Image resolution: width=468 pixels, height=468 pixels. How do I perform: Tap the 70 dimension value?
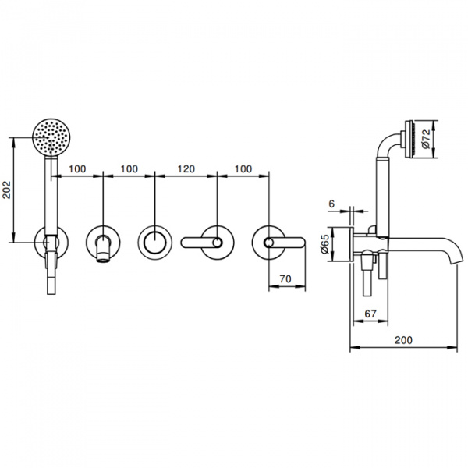[285, 278]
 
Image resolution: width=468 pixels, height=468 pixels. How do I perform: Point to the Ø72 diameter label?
[426, 139]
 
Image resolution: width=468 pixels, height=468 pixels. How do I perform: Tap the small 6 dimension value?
[332, 204]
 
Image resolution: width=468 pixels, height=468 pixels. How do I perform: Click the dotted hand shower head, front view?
[51, 137]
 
